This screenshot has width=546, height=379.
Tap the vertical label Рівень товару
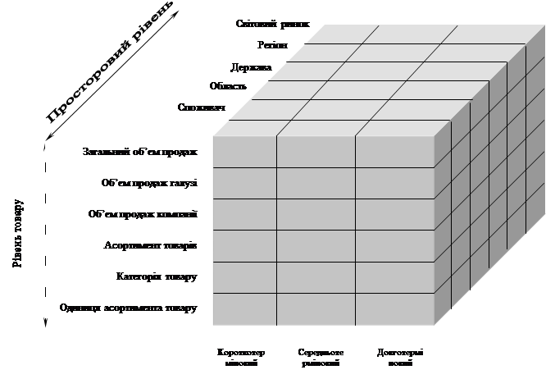tap(19, 231)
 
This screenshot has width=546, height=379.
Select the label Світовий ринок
tap(272, 24)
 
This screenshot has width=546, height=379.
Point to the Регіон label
tap(271, 45)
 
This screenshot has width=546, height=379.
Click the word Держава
tap(251, 66)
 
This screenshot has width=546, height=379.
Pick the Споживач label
tap(202, 107)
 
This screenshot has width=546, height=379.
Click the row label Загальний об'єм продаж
tap(126, 152)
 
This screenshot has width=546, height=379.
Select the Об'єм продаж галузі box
tap(126, 183)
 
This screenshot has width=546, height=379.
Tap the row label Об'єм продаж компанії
tap(126, 214)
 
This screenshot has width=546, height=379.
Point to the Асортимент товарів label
tap(126, 245)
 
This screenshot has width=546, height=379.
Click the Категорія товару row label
tap(126, 276)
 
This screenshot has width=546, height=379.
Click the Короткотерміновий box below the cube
tap(242, 357)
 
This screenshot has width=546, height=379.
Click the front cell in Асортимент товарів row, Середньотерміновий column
tap(315, 245)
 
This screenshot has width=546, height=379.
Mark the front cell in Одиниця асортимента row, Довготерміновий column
tap(394, 308)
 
